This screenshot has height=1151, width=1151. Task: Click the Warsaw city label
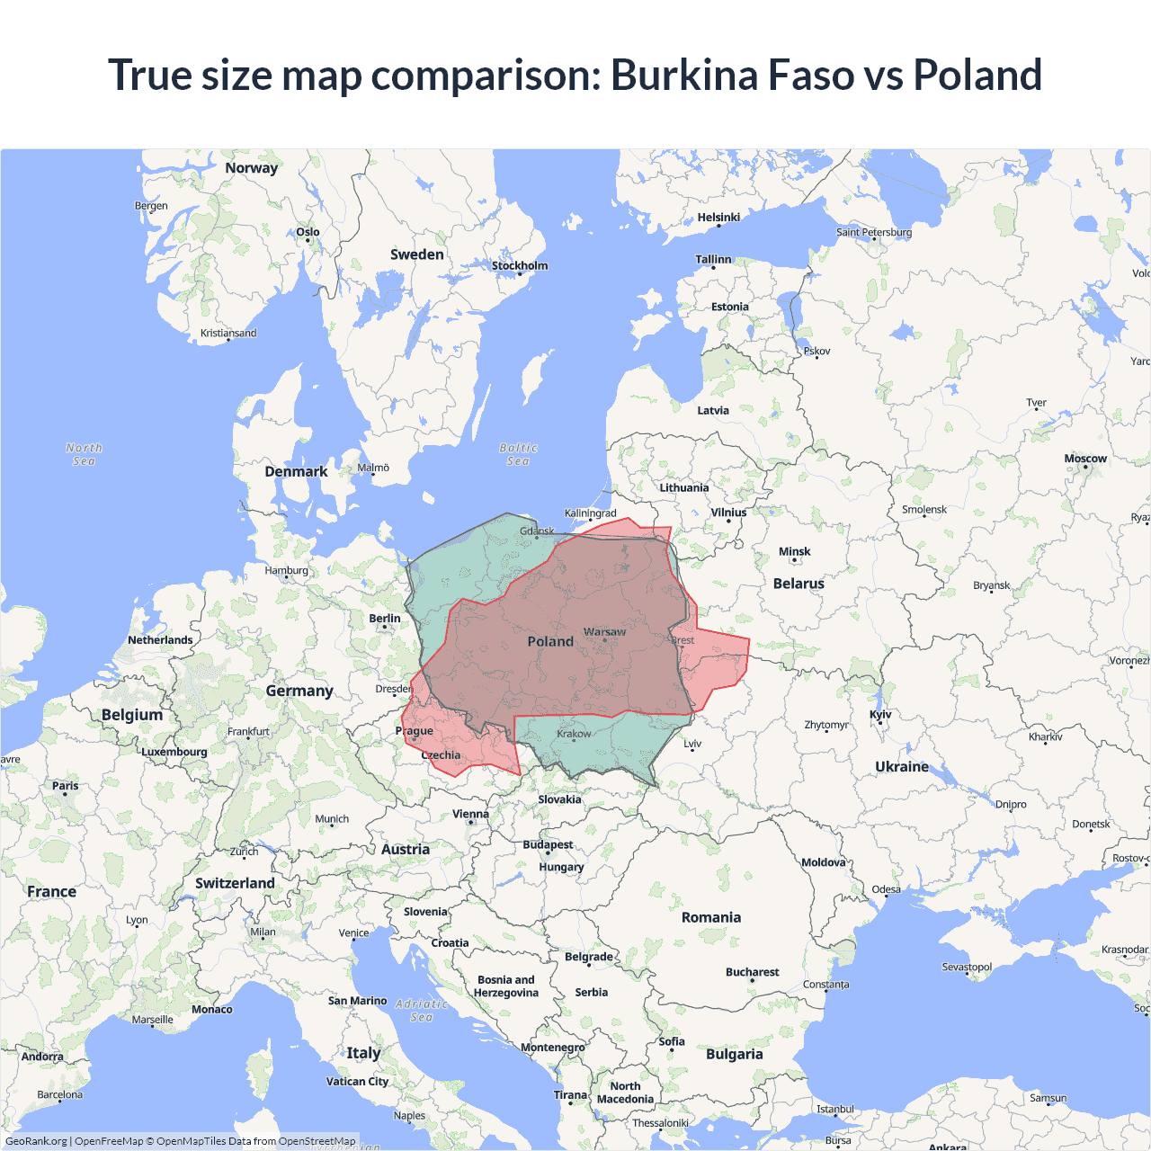coord(604,632)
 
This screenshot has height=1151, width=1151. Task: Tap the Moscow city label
coord(1085,459)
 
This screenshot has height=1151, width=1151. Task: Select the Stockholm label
coord(519,265)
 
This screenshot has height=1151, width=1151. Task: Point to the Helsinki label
coord(718,217)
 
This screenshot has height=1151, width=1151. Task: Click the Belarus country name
coord(799,584)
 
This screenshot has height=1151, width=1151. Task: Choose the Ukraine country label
coord(902,766)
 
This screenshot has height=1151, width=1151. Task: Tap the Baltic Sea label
coord(518,454)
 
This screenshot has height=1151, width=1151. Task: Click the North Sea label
coord(84,454)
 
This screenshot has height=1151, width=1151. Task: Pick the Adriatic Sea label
coord(422,1010)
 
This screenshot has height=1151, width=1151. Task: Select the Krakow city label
coord(574,734)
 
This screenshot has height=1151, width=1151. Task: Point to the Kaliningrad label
coord(590,513)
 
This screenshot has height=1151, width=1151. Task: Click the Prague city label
coord(414,730)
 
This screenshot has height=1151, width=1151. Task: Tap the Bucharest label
coord(752,972)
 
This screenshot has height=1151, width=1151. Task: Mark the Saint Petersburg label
coord(873,232)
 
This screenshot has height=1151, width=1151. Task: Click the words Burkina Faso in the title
coord(732,75)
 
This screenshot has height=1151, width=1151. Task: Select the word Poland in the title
coord(977,75)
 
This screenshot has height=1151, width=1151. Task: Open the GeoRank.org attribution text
coord(36,1141)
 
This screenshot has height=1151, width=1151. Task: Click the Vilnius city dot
coord(728,522)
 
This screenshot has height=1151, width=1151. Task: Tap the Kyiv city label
coord(880,715)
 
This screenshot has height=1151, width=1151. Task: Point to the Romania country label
coord(710,917)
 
